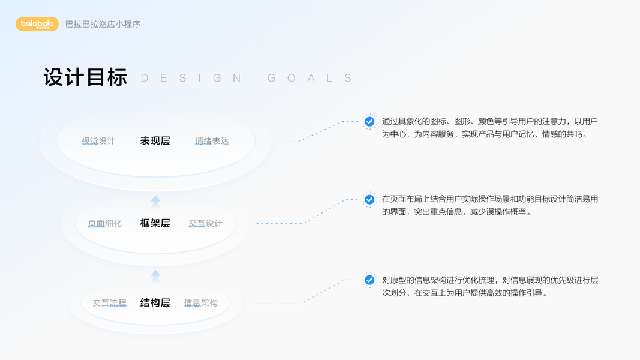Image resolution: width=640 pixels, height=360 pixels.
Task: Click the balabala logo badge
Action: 37,24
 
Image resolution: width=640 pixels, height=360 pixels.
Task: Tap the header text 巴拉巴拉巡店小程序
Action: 103,25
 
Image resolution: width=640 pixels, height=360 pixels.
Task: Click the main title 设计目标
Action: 85,78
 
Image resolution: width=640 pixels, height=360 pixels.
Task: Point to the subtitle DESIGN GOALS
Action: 247,79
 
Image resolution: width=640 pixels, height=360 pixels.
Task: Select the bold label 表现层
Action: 155,141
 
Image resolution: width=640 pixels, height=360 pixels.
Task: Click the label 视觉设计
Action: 98,141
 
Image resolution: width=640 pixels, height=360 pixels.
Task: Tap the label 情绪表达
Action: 212,141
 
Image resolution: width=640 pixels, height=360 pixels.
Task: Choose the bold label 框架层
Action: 155,223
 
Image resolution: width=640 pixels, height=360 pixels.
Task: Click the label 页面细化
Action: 105,223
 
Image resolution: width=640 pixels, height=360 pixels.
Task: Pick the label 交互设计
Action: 205,223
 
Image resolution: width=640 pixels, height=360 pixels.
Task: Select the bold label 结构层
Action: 155,303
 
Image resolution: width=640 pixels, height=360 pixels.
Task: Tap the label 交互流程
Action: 110,303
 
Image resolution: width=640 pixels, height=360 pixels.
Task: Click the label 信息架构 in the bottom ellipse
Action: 201,303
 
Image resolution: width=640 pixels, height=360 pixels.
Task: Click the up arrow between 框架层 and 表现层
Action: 155,202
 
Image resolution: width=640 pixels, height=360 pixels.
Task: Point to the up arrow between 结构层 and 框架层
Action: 155,276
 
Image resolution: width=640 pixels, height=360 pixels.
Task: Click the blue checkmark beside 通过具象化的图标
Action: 369,121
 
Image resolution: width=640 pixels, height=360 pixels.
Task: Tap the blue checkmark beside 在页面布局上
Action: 369,199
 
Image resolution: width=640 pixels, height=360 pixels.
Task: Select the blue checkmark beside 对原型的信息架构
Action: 369,280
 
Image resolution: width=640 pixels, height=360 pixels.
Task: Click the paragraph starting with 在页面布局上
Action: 490,205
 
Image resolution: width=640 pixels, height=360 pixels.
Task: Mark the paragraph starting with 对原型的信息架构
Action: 490,287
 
